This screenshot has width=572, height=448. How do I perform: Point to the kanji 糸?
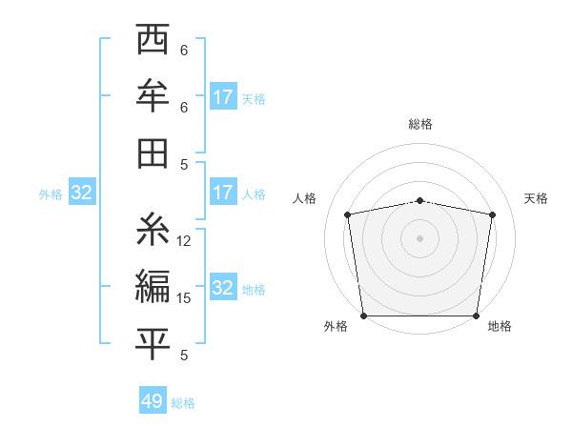click(153, 230)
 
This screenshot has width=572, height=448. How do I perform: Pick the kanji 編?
click(153, 286)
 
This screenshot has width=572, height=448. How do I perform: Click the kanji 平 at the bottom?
click(153, 343)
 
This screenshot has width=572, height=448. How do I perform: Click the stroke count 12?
click(184, 241)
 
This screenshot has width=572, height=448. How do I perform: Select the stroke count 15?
click(184, 298)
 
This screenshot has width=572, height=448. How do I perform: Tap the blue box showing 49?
click(153, 401)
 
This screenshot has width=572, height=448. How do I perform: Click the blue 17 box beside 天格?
click(222, 97)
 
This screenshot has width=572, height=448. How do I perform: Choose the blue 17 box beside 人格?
click(222, 193)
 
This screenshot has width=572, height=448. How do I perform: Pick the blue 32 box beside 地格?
click(222, 288)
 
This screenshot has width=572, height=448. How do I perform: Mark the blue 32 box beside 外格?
click(82, 193)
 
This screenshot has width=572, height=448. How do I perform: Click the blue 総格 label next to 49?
click(183, 403)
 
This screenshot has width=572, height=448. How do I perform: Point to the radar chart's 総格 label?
click(419, 124)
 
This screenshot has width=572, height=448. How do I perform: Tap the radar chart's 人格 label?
click(304, 198)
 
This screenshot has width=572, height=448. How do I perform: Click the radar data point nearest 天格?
click(492, 214)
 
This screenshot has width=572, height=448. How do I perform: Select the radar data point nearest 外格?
click(363, 316)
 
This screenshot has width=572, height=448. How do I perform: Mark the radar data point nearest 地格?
click(476, 316)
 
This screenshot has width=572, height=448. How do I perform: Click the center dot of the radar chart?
click(419, 237)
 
